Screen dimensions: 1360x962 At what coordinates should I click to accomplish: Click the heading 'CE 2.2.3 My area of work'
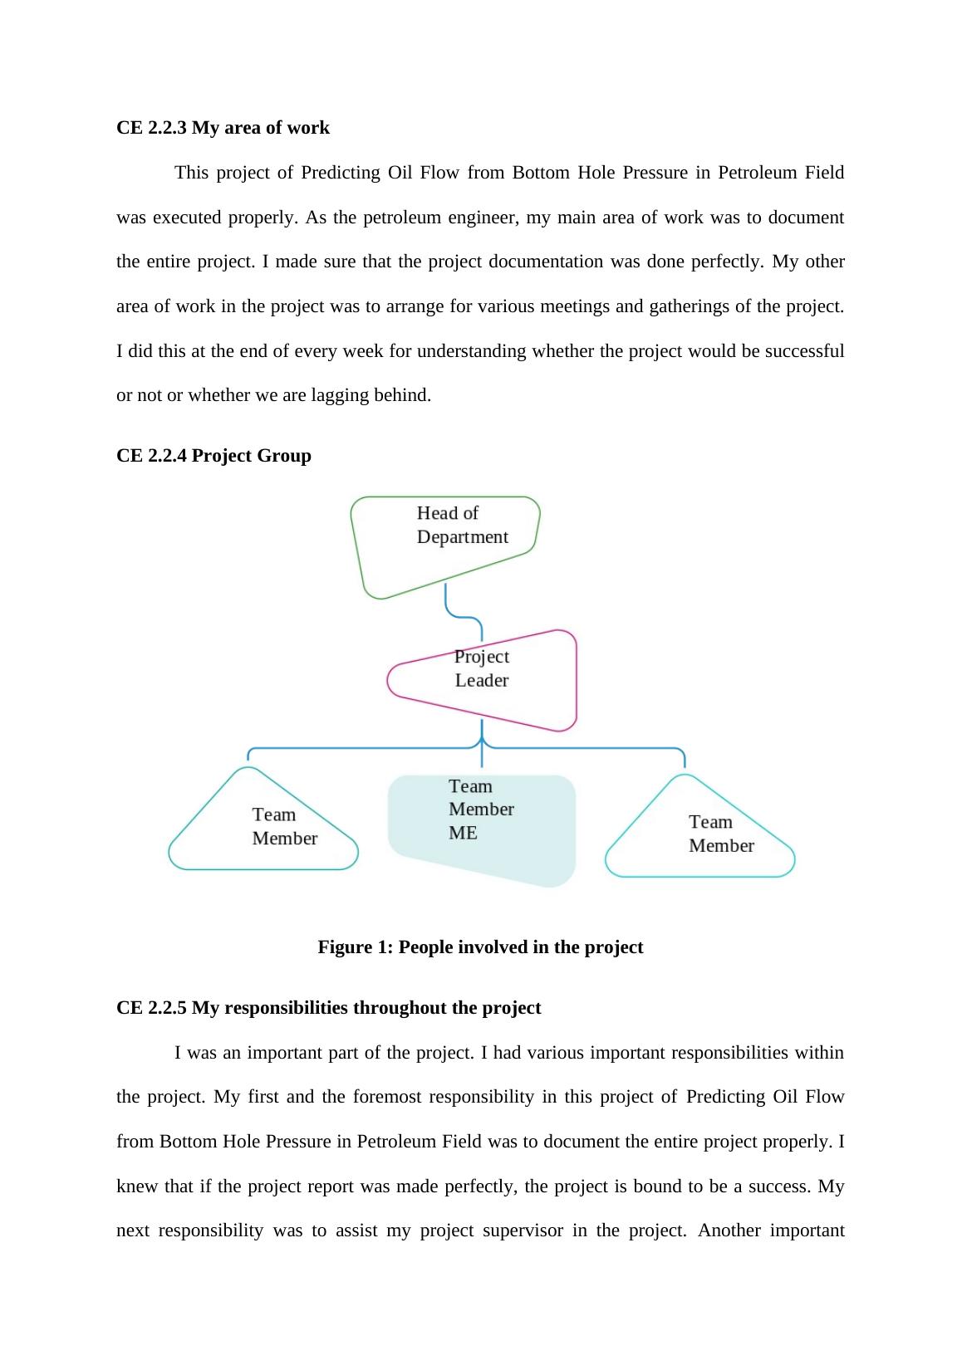tap(223, 128)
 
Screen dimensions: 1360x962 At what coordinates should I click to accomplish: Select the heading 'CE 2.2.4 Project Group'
tap(214, 456)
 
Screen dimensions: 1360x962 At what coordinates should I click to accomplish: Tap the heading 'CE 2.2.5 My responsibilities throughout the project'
tap(328, 1008)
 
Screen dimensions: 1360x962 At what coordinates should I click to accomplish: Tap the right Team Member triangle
tap(700, 834)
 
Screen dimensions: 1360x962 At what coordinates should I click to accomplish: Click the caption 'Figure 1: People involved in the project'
tap(480, 947)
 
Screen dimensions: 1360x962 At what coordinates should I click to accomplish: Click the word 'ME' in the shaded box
tap(463, 833)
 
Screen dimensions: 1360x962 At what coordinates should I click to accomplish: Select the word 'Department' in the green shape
tap(462, 537)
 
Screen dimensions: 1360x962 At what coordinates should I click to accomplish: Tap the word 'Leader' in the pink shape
tap(482, 681)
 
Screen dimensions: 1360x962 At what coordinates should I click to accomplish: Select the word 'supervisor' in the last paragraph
tap(520, 1230)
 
